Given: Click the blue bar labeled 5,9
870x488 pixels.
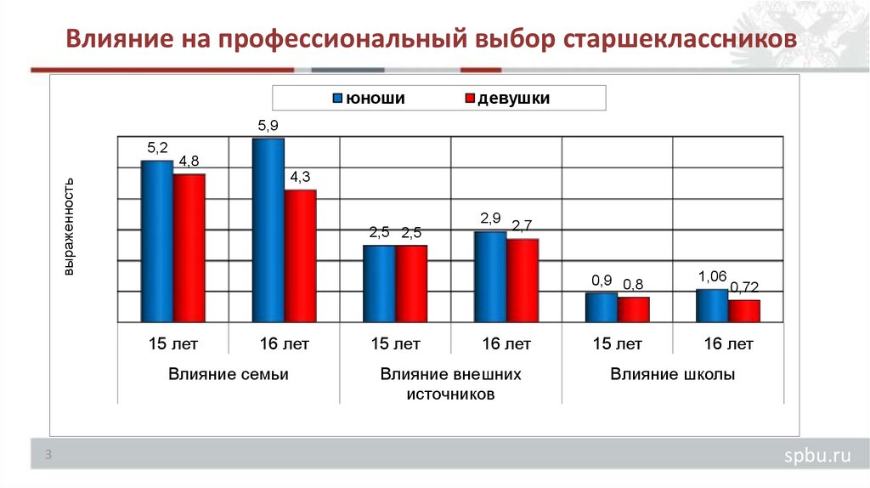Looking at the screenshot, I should point(268,230).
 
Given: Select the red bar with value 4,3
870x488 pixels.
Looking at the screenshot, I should point(300,256).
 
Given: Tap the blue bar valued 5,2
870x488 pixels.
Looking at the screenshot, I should point(156,241).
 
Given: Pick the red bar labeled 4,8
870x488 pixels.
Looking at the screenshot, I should point(189,248).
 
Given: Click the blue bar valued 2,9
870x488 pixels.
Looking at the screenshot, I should point(490,277).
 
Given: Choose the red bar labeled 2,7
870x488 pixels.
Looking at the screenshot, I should point(523,281).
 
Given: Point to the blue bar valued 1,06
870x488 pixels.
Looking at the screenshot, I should point(712,306).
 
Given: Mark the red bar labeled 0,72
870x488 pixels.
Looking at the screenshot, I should point(744,311).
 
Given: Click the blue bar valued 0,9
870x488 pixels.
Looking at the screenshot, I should point(602,308).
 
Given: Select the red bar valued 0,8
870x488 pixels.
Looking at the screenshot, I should point(634,309).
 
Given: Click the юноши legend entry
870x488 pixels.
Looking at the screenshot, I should point(374,99).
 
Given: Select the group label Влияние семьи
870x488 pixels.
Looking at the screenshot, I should point(228,374).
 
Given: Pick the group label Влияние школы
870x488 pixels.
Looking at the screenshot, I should point(672,374).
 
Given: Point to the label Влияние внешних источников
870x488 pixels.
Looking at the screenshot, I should point(450,384).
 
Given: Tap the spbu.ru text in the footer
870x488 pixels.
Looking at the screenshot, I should point(816,457).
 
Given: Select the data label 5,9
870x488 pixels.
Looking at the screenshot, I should point(268,126).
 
